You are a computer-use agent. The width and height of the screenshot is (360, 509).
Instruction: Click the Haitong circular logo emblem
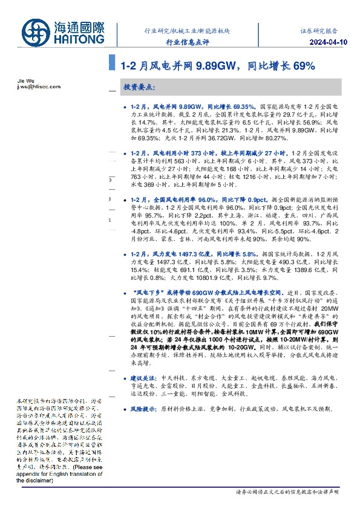point(38,32)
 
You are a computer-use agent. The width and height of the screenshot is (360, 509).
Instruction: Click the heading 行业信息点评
point(186,43)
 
